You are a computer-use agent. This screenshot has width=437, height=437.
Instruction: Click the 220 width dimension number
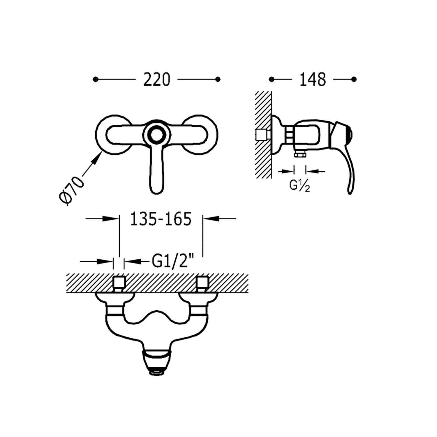(x=156, y=79)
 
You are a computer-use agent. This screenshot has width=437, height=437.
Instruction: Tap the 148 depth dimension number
(x=313, y=79)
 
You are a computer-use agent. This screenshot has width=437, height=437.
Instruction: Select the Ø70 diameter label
(x=72, y=190)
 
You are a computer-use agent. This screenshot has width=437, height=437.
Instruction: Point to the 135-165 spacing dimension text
(x=161, y=219)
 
